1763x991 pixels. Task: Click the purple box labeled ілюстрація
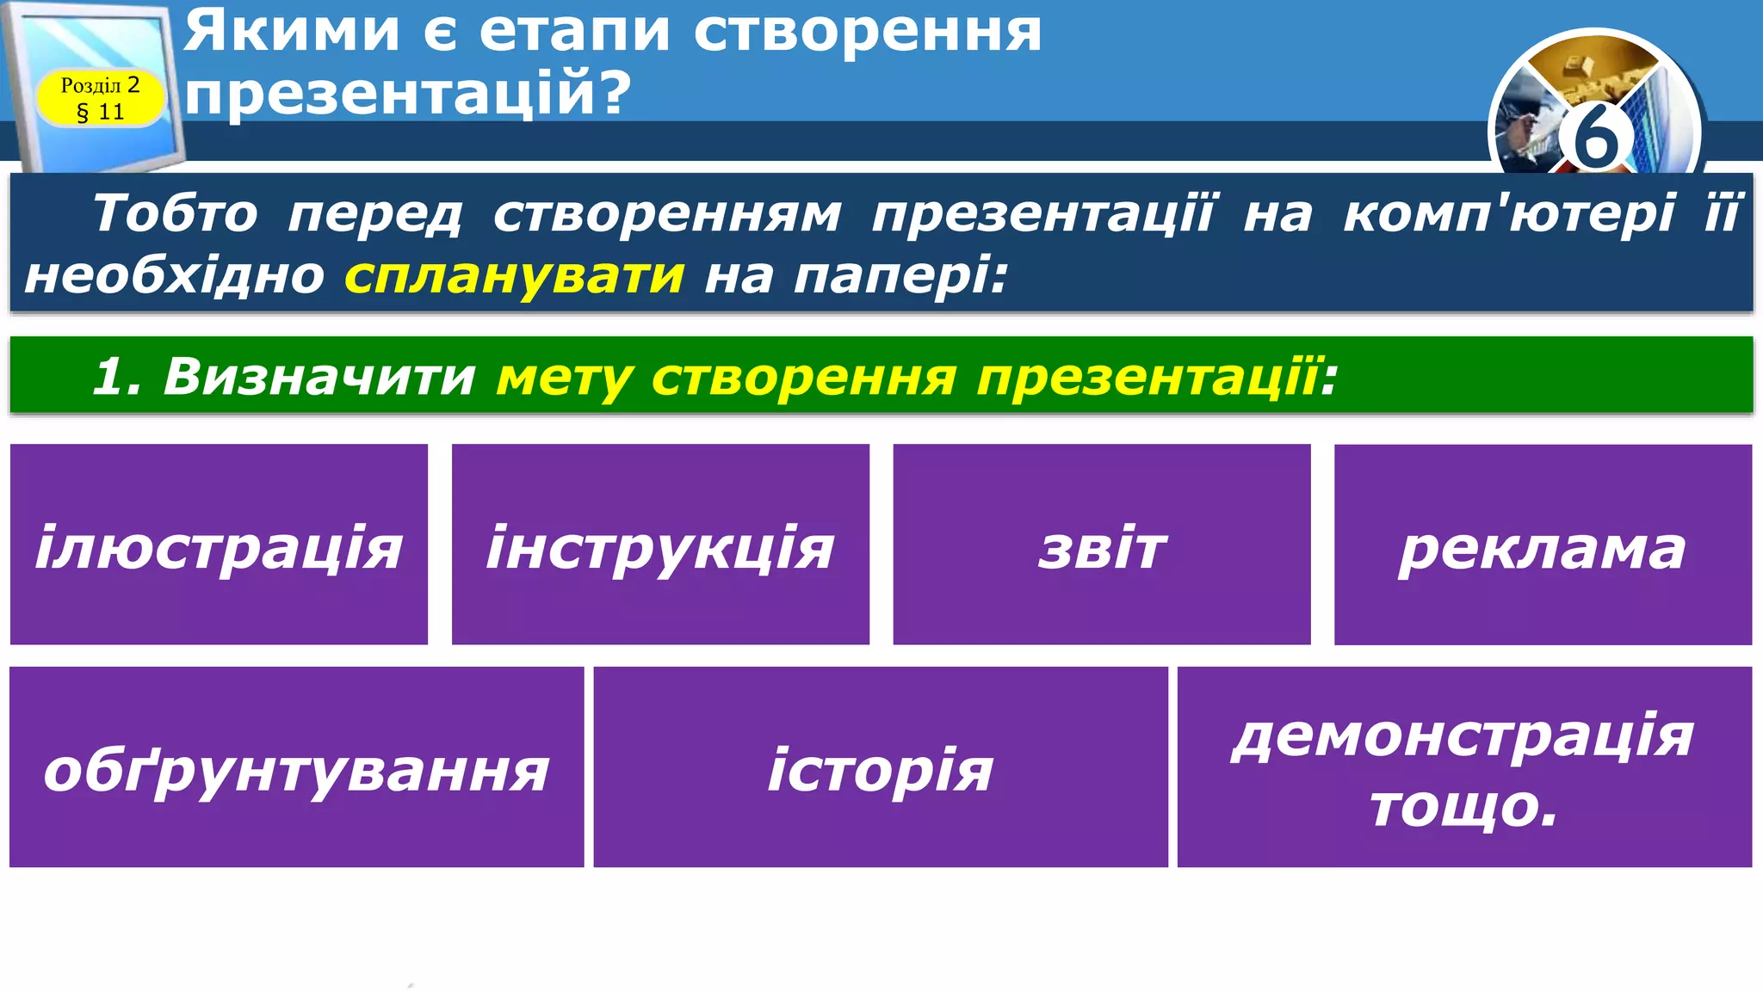pyautogui.click(x=219, y=545)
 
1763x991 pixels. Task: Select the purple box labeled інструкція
pyautogui.click(x=660, y=545)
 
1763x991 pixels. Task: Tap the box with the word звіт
pyautogui.click(x=1102, y=545)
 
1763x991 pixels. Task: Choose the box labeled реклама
pyautogui.click(x=1543, y=545)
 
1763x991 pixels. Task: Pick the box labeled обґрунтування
pyautogui.click(x=296, y=767)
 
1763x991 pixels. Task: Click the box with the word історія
pyautogui.click(x=881, y=767)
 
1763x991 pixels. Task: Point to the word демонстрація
pyautogui.click(x=1463, y=736)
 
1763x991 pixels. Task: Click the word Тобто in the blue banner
pyautogui.click(x=175, y=212)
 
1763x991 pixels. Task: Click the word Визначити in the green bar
pyautogui.click(x=319, y=376)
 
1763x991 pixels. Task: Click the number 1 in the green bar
pyautogui.click(x=112, y=376)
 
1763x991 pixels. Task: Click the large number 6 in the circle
pyautogui.click(x=1594, y=138)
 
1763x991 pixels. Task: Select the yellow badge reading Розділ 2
pyautogui.click(x=100, y=97)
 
